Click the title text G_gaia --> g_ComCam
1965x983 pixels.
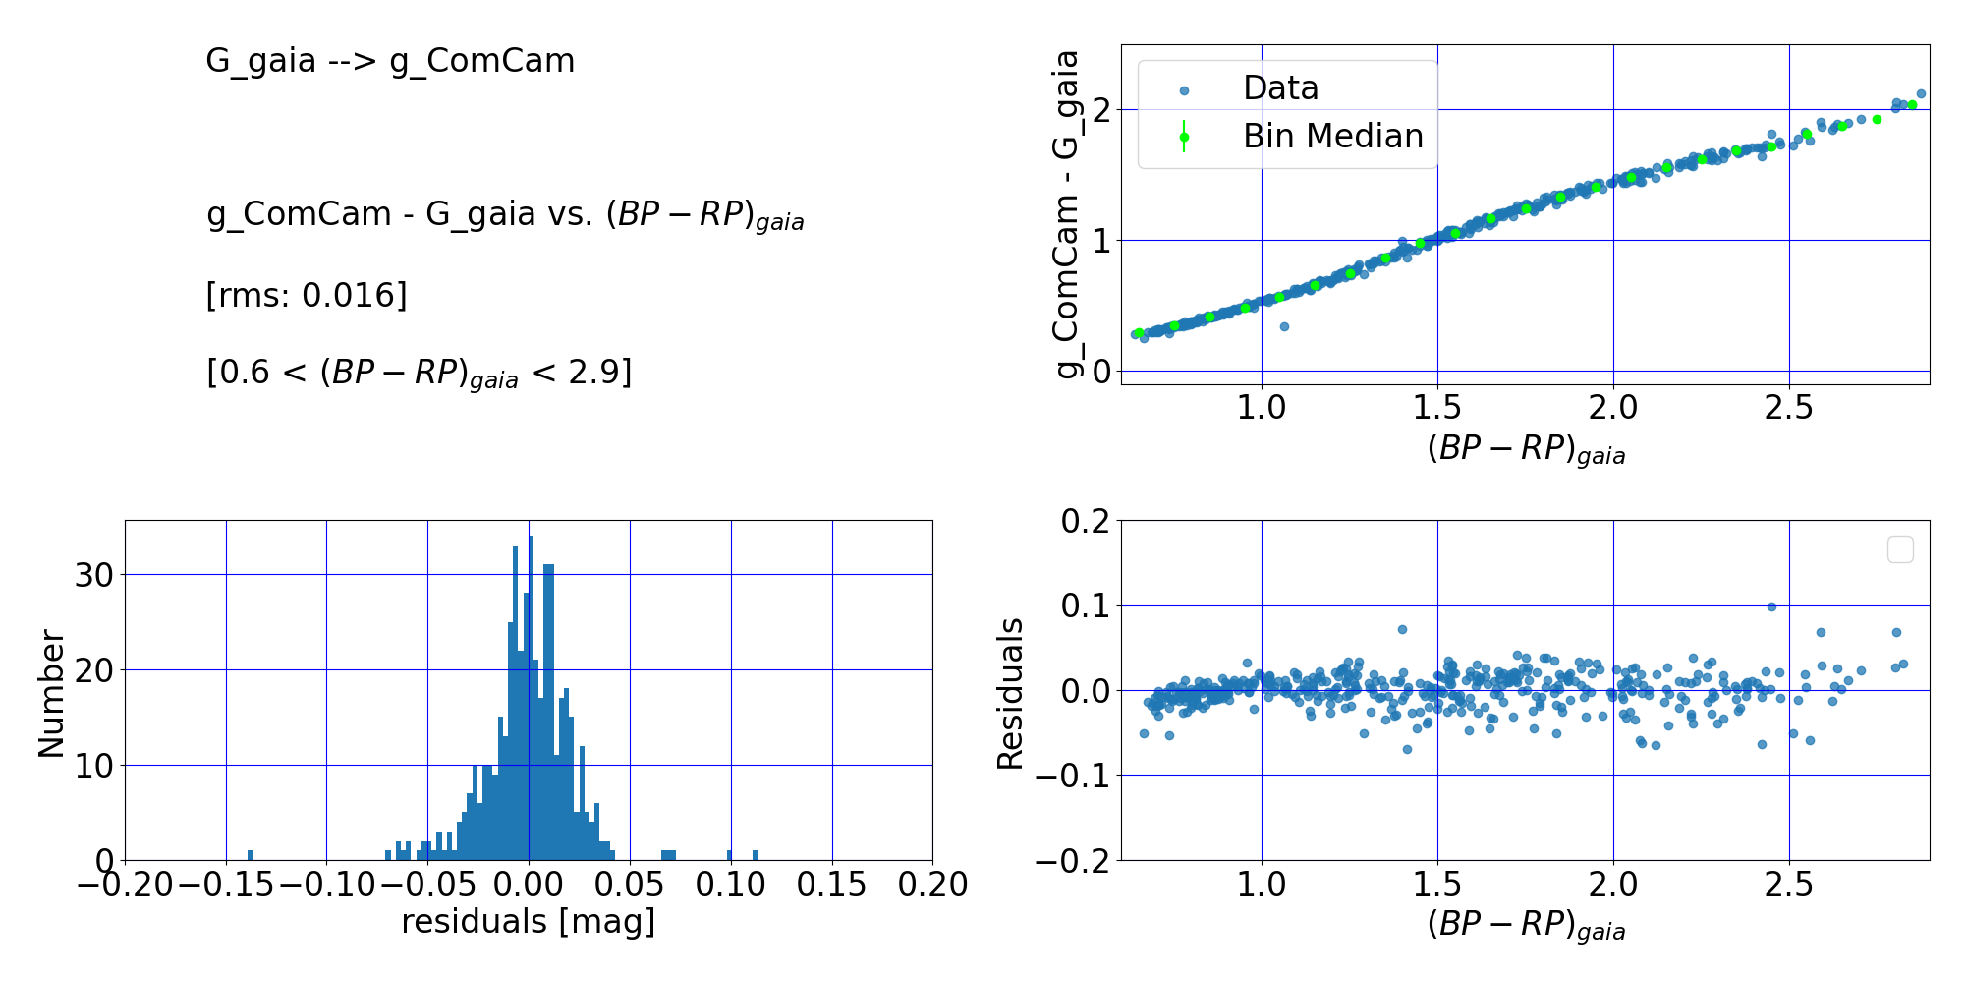pyautogui.click(x=390, y=61)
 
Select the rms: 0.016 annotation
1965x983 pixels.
pyautogui.click(x=307, y=295)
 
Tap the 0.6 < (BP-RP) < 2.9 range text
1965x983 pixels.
pyautogui.click(x=420, y=374)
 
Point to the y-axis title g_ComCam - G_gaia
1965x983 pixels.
pyautogui.click(x=1067, y=214)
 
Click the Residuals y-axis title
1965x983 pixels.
pyautogui.click(x=1010, y=693)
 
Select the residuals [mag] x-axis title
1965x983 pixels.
pyautogui.click(x=528, y=922)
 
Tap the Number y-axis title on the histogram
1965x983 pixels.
pyautogui.click(x=51, y=694)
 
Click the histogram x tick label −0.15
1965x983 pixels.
pyautogui.click(x=225, y=885)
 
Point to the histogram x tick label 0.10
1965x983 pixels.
pyautogui.click(x=730, y=885)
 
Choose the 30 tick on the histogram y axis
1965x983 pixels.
pyautogui.click(x=94, y=575)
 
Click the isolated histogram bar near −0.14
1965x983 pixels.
pyautogui.click(x=250, y=855)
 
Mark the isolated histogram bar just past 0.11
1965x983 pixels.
pyautogui.click(x=755, y=855)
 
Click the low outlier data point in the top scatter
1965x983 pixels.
pyautogui.click(x=1284, y=326)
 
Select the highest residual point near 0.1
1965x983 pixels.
pyautogui.click(x=1771, y=607)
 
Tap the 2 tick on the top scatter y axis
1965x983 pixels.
pyautogui.click(x=1102, y=109)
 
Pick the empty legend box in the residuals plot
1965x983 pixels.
pyautogui.click(x=1900, y=549)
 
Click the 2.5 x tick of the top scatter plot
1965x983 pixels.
pyautogui.click(x=1788, y=408)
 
